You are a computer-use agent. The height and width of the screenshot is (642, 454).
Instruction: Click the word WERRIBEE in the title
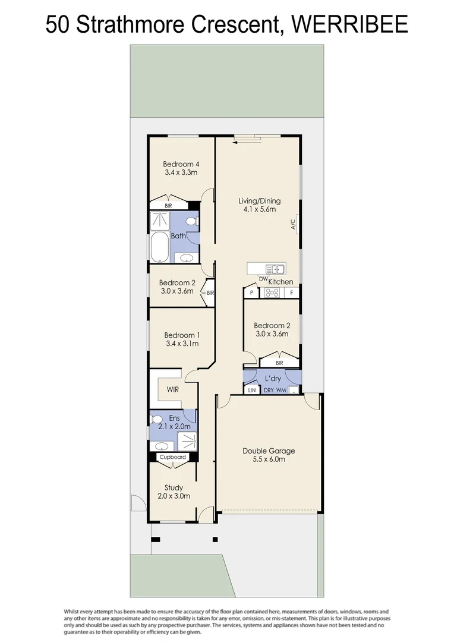click(x=349, y=24)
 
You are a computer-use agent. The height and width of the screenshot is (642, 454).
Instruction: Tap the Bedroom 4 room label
click(x=181, y=164)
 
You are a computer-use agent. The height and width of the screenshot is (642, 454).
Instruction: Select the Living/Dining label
click(x=260, y=201)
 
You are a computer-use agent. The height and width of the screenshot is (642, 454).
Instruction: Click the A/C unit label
click(x=293, y=224)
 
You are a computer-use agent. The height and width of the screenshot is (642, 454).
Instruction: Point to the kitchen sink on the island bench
click(x=276, y=269)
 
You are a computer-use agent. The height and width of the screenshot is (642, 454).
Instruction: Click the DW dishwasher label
click(x=263, y=279)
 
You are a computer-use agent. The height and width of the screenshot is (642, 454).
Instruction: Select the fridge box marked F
click(x=292, y=292)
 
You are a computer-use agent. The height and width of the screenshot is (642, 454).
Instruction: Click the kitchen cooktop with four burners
click(x=272, y=292)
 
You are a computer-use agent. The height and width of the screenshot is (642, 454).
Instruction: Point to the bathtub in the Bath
click(x=159, y=247)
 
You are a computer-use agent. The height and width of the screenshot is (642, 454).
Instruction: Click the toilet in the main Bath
click(x=191, y=222)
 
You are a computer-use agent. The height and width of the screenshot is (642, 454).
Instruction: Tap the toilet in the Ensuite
click(x=156, y=420)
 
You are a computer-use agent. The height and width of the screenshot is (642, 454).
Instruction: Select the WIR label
click(x=173, y=389)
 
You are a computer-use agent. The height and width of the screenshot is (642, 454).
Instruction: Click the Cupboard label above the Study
click(x=173, y=457)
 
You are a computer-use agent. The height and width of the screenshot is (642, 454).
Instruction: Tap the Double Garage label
click(x=269, y=451)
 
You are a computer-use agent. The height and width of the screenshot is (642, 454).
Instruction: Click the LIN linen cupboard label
click(x=252, y=390)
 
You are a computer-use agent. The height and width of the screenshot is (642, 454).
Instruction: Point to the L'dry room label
click(x=273, y=378)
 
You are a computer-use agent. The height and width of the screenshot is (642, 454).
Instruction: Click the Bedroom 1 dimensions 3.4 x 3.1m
click(x=182, y=344)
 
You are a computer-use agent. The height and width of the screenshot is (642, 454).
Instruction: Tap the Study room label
click(x=174, y=487)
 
